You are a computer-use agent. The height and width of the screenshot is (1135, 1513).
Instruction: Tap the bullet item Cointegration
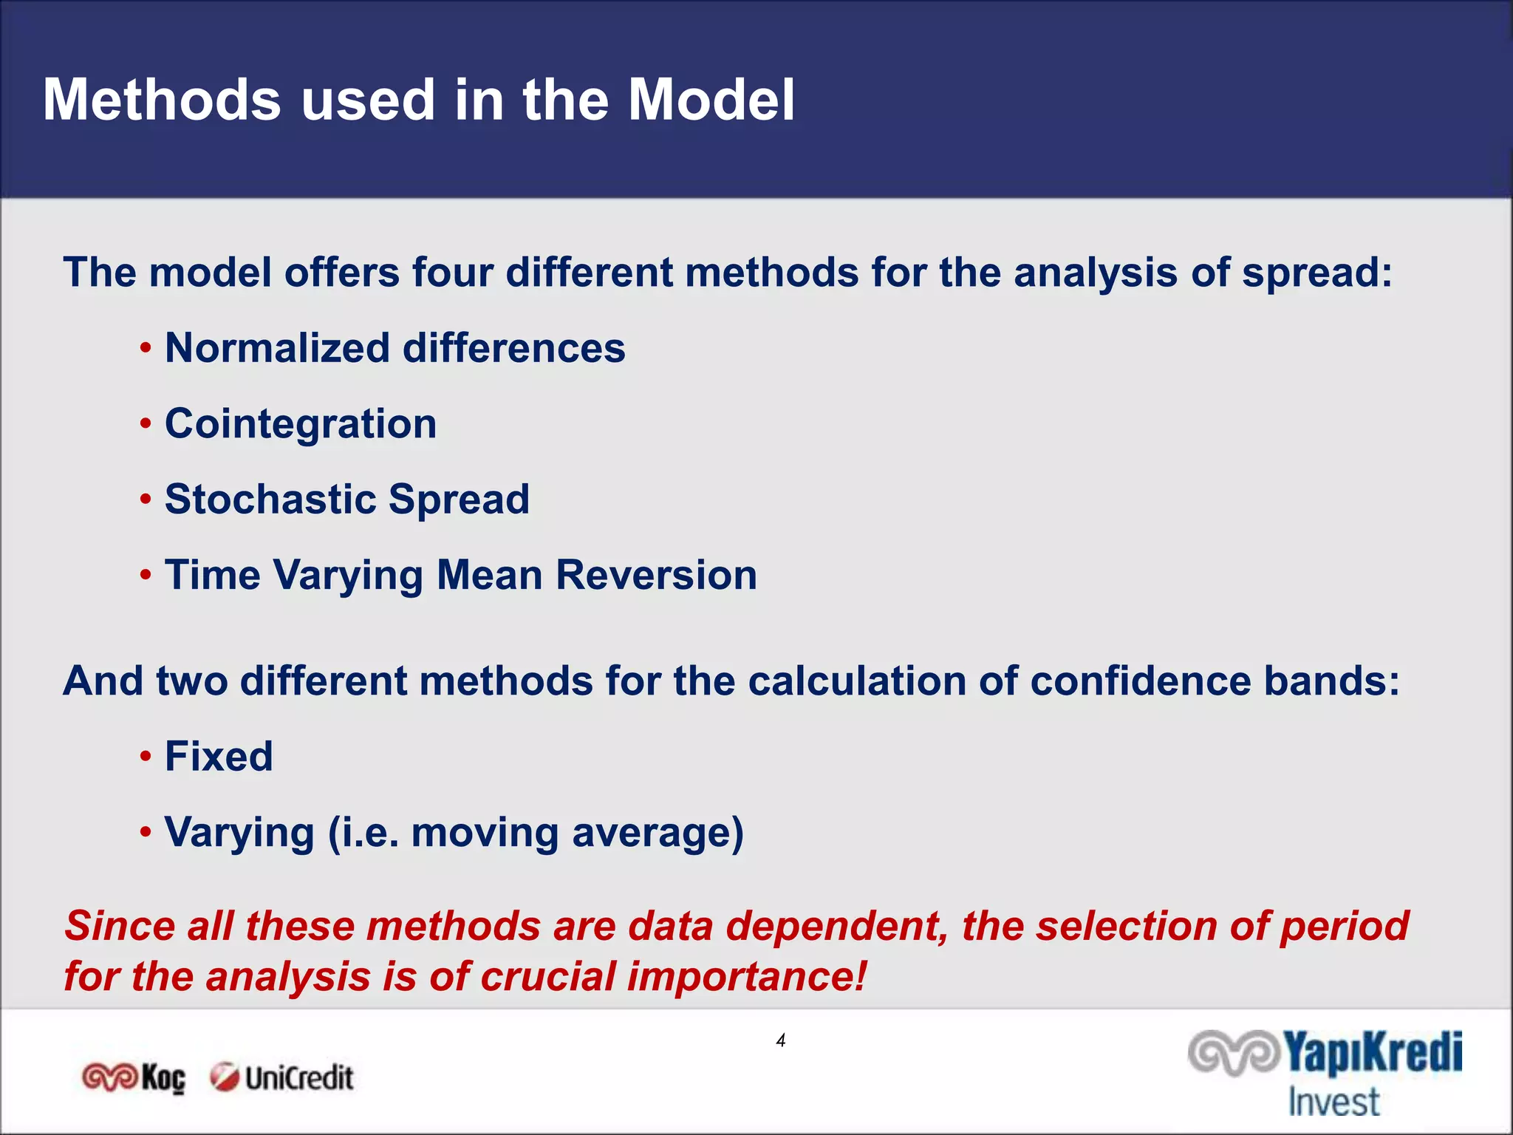(300, 424)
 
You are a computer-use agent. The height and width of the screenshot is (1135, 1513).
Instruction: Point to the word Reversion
(656, 575)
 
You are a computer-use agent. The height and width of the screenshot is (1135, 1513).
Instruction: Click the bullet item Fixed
(219, 757)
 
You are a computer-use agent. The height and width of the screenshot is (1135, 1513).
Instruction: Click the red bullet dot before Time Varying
(146, 575)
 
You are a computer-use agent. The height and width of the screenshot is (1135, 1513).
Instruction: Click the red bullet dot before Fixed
(146, 757)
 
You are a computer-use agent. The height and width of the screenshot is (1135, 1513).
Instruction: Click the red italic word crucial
(547, 976)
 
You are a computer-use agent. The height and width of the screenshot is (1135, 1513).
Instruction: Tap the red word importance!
(746, 976)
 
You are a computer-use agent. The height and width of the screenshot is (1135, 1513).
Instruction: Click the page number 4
(781, 1040)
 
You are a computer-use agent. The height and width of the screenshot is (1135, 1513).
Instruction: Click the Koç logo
(134, 1078)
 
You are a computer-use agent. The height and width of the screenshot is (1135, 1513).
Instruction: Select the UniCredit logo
(281, 1078)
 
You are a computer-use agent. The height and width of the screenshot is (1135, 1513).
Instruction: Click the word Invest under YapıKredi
(1333, 1102)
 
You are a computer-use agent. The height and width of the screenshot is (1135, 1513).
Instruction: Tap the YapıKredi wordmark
(1371, 1053)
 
